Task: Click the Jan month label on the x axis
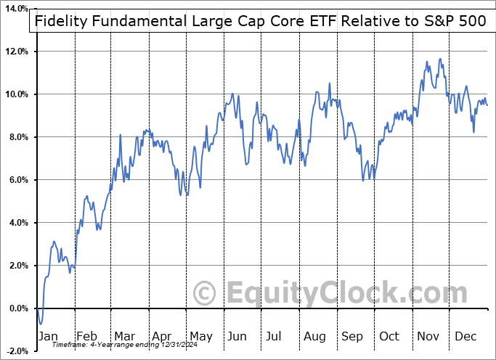coord(47,336)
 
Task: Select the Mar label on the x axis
coord(124,336)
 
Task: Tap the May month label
coord(200,336)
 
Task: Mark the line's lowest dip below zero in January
coord(41,324)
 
